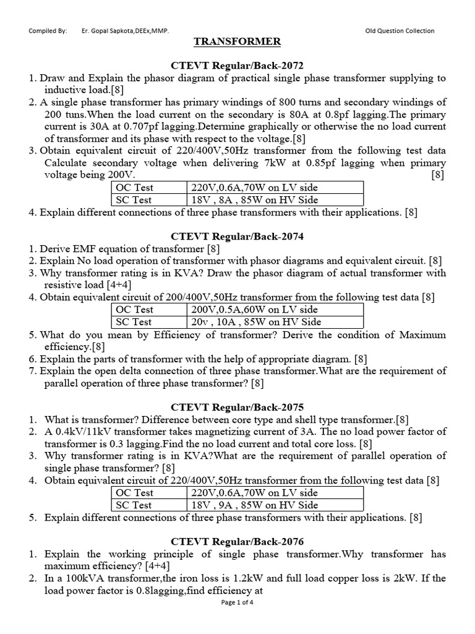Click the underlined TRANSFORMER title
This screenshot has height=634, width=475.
point(237,41)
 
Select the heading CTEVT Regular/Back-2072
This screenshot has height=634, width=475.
point(237,66)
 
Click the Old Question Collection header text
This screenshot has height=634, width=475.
point(400,31)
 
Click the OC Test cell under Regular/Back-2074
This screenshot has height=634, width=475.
point(147,310)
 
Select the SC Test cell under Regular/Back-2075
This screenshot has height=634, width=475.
point(147,505)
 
